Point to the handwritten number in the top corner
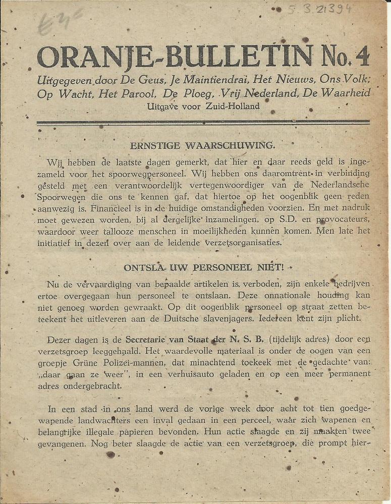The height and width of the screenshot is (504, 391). point(320,9)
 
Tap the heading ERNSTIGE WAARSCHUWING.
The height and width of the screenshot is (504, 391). point(203,146)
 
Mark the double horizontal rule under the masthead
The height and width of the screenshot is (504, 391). point(203,122)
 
